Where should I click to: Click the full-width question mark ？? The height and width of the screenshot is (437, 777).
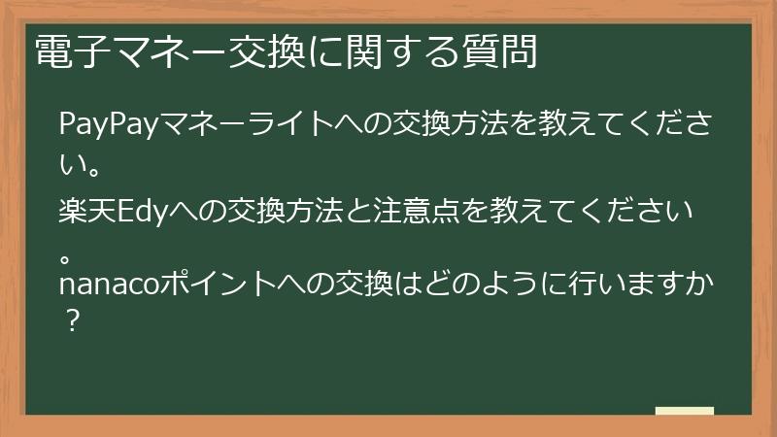71,319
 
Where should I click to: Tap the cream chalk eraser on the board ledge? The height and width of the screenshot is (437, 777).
685,412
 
